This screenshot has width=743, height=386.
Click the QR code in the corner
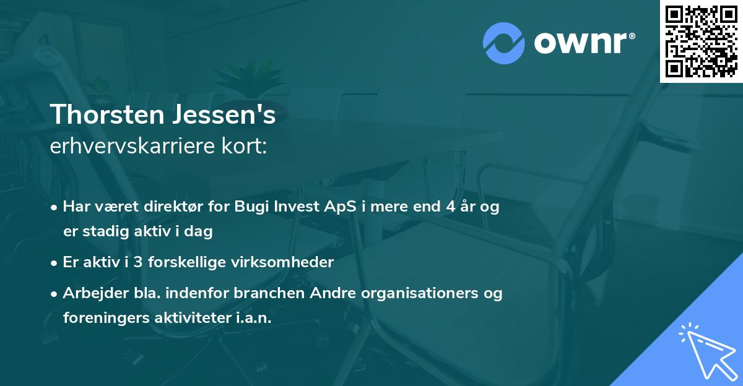point(701,41)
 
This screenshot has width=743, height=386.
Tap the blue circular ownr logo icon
point(504,43)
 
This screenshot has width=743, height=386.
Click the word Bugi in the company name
point(253,207)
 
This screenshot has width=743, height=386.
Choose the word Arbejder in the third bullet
point(91,293)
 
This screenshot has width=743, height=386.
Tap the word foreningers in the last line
point(99,317)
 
